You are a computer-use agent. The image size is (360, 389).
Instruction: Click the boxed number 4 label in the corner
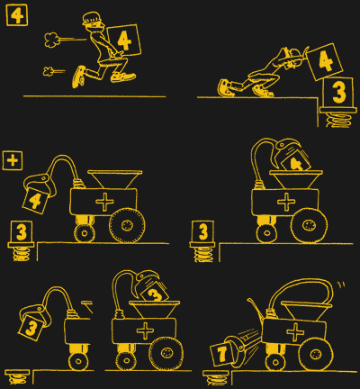pos(17,15)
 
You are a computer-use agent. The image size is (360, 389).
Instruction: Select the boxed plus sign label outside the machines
pos(13,160)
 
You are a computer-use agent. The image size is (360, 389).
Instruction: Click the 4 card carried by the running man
pos(124,41)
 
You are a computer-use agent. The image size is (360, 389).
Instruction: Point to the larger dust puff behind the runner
pos(52,40)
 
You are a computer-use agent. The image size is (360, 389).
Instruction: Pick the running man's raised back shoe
pos(78,77)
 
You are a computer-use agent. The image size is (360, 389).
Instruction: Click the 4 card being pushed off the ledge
pos(325,61)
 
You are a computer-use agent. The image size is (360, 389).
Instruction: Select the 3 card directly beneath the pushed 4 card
pos(338,92)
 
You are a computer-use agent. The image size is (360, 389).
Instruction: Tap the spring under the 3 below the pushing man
pos(338,120)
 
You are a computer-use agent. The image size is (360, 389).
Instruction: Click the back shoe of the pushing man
pos(224,87)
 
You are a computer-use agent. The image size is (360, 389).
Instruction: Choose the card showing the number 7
pos(222,355)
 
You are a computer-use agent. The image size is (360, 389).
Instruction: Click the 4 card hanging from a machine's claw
pos(35,201)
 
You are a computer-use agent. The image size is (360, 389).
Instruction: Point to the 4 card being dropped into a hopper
pos(295,163)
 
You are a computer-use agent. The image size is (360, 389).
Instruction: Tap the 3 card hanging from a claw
pos(31,328)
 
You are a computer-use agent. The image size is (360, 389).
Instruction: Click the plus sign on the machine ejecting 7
pos(295,332)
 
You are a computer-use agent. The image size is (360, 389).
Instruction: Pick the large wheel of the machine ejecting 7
pos(315,354)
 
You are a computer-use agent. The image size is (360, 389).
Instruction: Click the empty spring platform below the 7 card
pos(216,377)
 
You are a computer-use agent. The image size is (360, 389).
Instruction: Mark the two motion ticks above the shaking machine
pos(341,285)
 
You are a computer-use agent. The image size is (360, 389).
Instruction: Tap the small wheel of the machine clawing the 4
pos(85,233)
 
